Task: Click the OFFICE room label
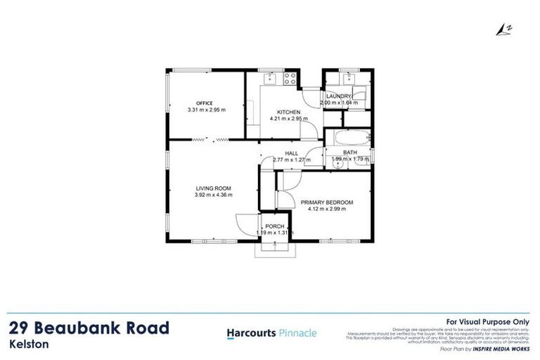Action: [204, 103]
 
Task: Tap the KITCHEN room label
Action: [288, 112]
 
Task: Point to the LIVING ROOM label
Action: [213, 187]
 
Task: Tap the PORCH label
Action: [274, 226]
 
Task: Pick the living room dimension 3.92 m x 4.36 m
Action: [213, 195]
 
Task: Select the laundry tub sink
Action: [349, 77]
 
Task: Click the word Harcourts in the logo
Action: [250, 333]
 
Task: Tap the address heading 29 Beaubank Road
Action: [89, 328]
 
